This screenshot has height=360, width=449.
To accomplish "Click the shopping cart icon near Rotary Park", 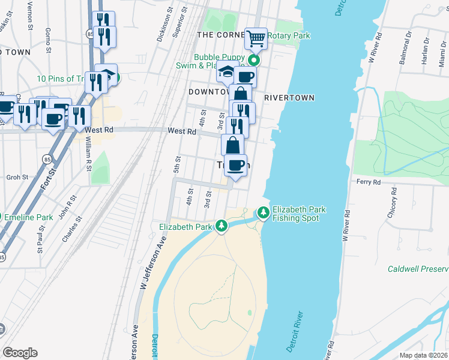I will (x=256, y=39).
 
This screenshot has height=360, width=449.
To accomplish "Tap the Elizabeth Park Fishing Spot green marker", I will (x=263, y=212).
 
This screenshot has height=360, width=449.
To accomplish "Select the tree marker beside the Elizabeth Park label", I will (x=222, y=226).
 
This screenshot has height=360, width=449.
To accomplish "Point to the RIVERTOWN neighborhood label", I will (x=289, y=97).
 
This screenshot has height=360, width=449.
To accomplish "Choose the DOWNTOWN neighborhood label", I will (x=208, y=92).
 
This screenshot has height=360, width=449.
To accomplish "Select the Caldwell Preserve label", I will (x=418, y=269).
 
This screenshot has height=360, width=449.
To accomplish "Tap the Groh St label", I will (x=17, y=178).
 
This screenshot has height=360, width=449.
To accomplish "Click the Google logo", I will (x=20, y=352).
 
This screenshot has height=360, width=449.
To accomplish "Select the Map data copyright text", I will (x=424, y=355).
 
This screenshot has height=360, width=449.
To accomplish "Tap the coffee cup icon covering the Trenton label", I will (x=236, y=164).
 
